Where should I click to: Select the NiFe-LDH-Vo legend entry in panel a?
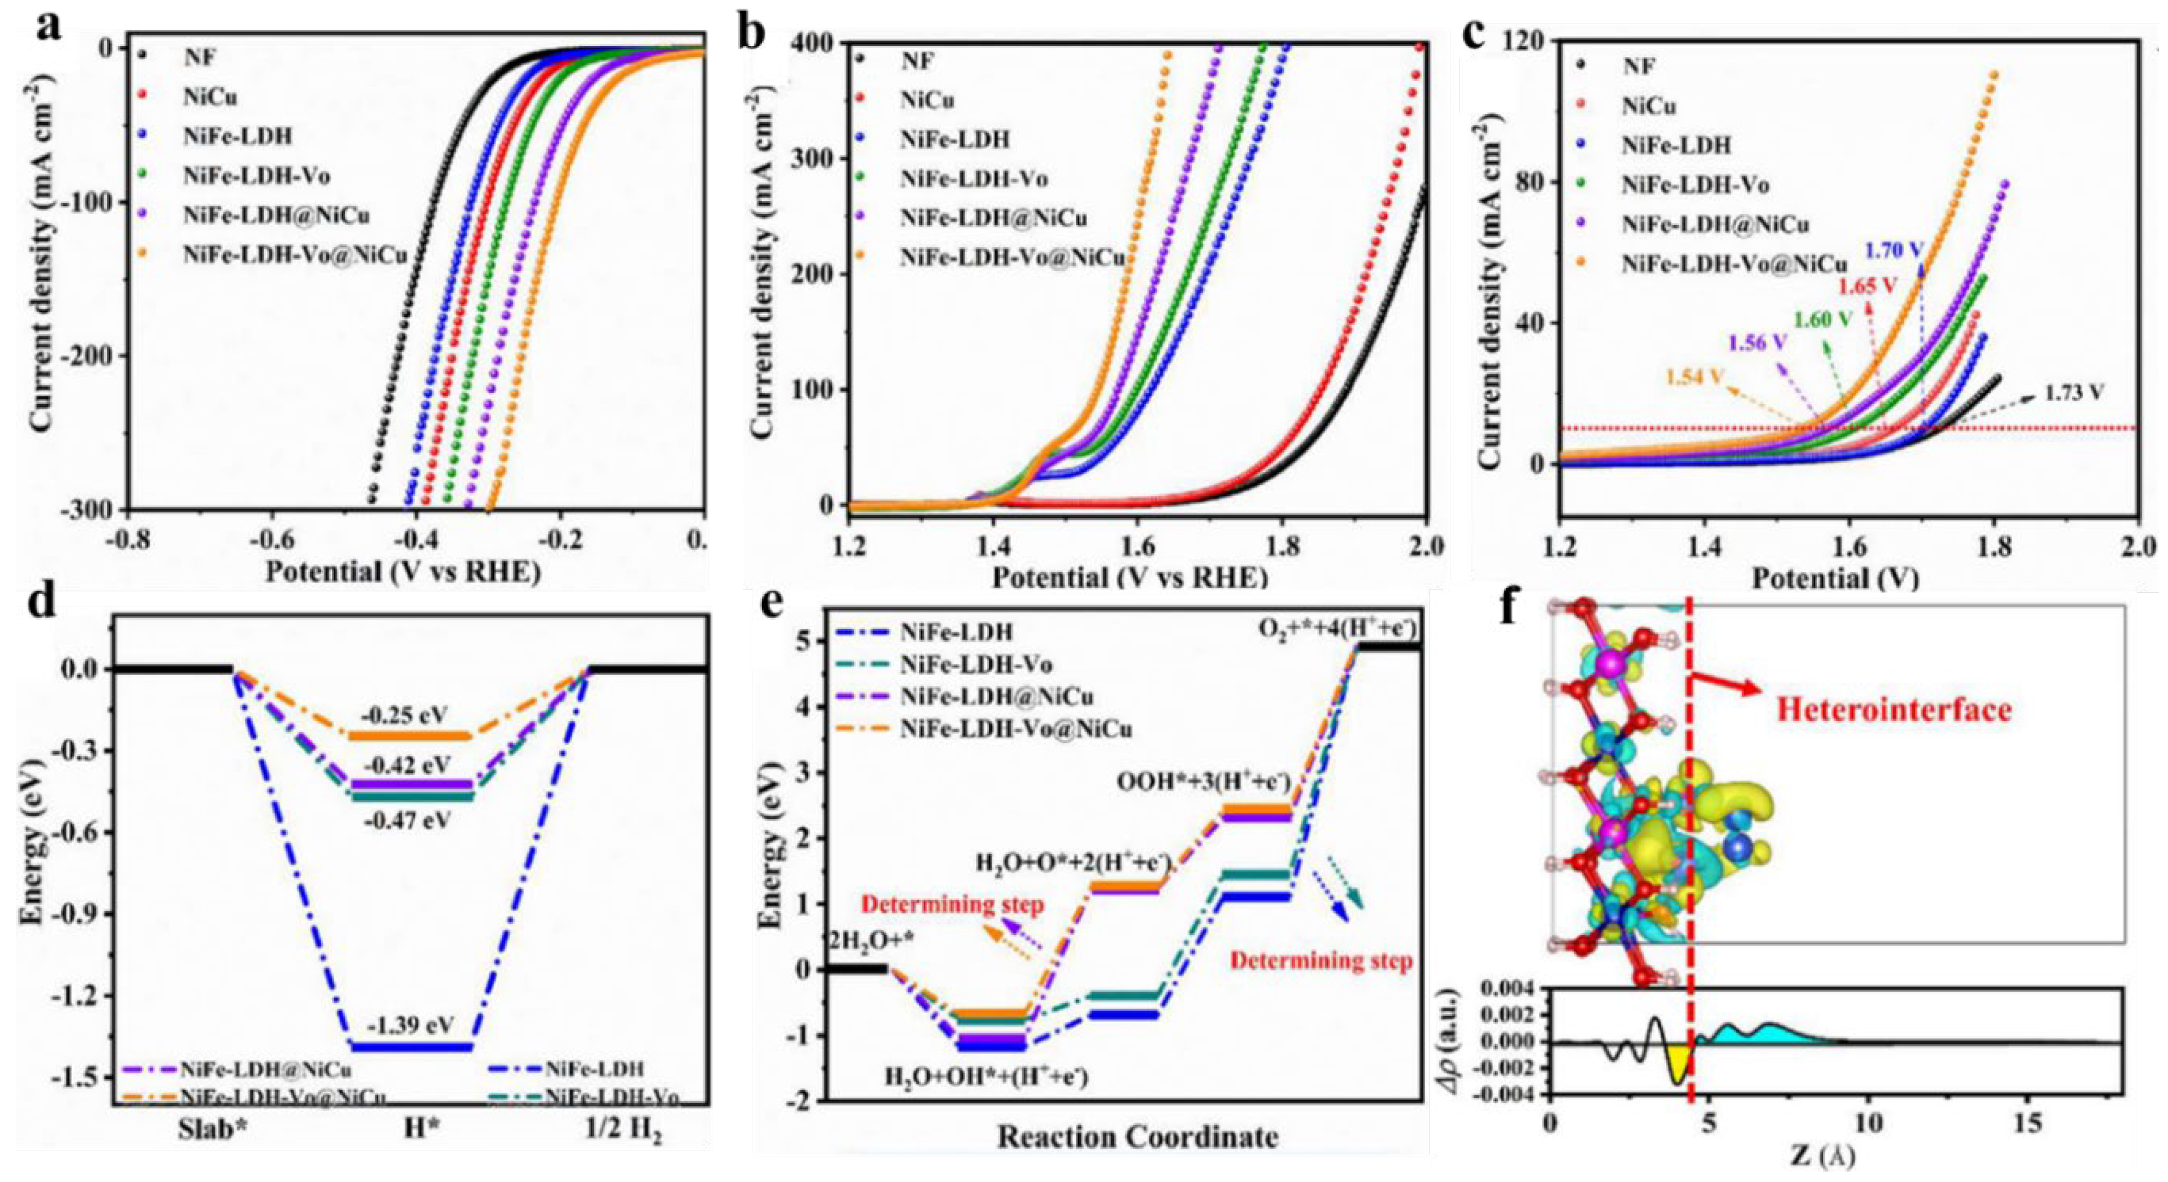257,176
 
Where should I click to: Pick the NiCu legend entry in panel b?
927,100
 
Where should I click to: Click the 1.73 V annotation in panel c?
2074,392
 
